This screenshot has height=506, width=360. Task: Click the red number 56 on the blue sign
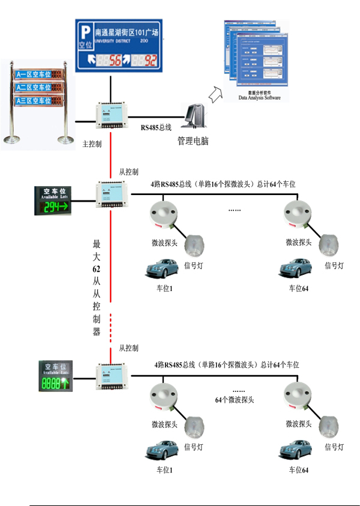tap(114, 61)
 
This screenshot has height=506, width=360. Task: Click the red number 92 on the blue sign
tap(151, 61)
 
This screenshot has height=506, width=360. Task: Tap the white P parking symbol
tap(86, 30)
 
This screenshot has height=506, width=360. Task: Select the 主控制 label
tap(91, 144)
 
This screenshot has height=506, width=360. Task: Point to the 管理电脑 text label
tap(193, 140)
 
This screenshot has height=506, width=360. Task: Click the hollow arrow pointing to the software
tap(215, 93)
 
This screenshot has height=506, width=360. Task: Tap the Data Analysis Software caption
tap(259, 97)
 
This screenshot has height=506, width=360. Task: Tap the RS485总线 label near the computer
tap(157, 128)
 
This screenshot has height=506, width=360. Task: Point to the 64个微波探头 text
tap(235, 399)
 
